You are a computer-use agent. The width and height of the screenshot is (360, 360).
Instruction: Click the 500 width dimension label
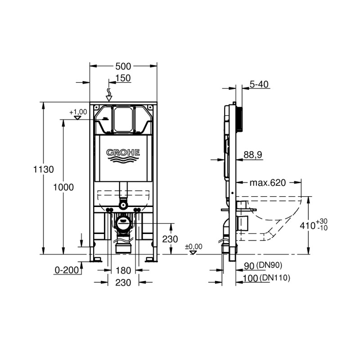[x=123, y=66]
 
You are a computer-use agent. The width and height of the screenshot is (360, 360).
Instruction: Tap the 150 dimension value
[x=123, y=78]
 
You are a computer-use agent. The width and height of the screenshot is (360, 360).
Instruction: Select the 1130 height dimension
[x=44, y=170]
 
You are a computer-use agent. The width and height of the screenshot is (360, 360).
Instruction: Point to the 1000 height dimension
[x=63, y=187]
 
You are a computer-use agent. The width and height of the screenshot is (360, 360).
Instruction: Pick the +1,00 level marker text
[x=78, y=112]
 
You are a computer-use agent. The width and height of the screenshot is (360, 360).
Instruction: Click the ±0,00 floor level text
[x=194, y=247]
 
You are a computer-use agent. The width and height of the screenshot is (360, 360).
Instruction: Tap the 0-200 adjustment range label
[x=67, y=270]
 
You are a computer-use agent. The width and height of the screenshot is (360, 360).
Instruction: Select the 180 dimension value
[x=123, y=270]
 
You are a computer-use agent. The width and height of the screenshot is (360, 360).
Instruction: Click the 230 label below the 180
[x=123, y=283]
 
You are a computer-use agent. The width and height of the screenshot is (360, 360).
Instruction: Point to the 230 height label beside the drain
[x=170, y=239]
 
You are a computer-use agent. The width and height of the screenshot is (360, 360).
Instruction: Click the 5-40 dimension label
[x=259, y=85]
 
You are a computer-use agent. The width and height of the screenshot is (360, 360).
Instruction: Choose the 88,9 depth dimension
[x=253, y=155]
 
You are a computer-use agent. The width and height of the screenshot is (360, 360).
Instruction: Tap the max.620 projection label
[x=268, y=183]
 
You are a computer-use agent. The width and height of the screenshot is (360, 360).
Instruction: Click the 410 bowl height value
[x=307, y=226]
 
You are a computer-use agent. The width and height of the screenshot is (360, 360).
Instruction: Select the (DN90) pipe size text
[x=269, y=265]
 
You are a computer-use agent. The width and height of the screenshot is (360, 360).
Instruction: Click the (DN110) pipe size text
[x=275, y=278]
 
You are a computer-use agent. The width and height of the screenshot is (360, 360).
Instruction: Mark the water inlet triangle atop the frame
[x=109, y=99]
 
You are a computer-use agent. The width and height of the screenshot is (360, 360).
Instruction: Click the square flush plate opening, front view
[x=123, y=119]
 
